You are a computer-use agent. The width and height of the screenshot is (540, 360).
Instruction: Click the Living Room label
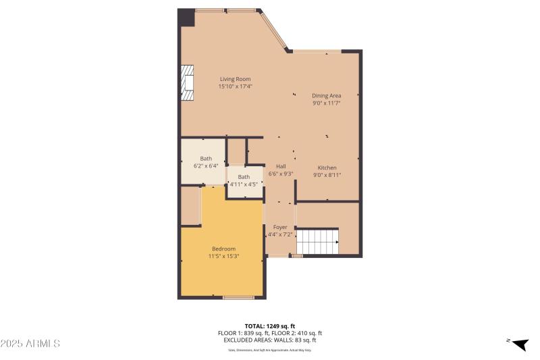pos(235,79)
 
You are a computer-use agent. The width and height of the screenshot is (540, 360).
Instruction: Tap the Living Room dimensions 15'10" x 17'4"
pos(235,86)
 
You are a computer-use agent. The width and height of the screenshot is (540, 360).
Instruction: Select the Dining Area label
pos(326,96)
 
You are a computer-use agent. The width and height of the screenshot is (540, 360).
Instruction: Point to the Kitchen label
pos(327,168)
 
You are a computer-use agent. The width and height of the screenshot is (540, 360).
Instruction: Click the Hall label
pos(281,166)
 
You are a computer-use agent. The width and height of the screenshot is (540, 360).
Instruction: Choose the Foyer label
pos(280,227)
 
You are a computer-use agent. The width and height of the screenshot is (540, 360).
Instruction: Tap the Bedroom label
pos(223,249)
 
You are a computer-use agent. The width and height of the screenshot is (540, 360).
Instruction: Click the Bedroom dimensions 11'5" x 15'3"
pos(223,256)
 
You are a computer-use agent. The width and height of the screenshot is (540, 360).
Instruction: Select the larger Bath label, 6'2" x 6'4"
pos(205,159)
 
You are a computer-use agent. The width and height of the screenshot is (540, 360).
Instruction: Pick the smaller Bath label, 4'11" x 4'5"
pos(244,177)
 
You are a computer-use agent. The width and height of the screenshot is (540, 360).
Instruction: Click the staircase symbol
pos(317,240)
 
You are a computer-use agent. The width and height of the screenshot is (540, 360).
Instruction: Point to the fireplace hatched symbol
pos(187,82)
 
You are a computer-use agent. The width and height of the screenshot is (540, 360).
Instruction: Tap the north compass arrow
pos(519,344)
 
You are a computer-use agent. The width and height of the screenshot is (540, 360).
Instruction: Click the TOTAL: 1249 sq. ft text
pos(270,326)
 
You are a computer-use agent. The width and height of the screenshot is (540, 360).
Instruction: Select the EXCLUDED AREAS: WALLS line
pos(270,340)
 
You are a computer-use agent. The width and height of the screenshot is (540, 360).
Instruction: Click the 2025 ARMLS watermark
pos(30,344)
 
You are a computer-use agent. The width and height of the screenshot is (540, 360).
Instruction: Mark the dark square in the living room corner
pos(186,18)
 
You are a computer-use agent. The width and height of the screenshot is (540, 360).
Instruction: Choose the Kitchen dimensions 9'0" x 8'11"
pos(327,175)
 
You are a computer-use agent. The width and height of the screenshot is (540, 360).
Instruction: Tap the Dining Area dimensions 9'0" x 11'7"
pos(326,103)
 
